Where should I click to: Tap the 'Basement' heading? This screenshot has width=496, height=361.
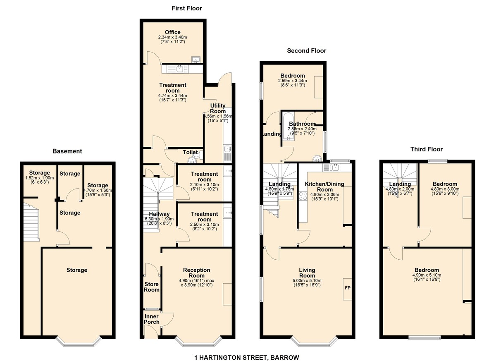click(67, 151)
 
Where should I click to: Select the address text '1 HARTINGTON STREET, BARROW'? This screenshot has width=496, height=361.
click(246, 357)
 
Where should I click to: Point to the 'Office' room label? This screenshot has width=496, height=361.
click(172, 32)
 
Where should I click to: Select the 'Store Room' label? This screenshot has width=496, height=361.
click(151, 287)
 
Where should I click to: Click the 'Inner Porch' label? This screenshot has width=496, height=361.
click(151, 319)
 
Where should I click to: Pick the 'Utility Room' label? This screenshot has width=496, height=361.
click(218, 109)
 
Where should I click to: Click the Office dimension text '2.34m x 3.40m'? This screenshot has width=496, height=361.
click(172, 37)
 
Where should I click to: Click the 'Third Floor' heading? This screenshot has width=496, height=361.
click(426, 149)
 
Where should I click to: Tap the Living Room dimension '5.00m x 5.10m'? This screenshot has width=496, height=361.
click(307, 280)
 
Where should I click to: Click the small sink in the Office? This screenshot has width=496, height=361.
click(196, 59)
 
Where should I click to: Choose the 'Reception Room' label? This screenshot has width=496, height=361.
click(196, 273)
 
